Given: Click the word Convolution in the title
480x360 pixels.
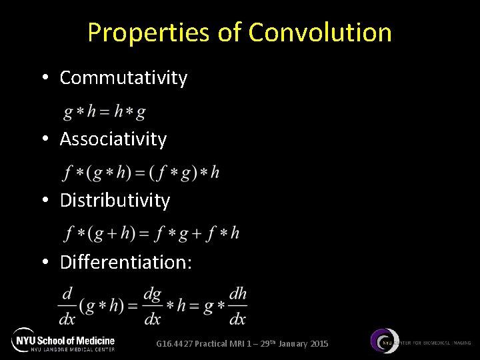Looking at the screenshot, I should tap(320, 32).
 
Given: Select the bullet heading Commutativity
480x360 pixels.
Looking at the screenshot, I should tap(123, 78).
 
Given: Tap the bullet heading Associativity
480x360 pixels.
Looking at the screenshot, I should tap(113, 139).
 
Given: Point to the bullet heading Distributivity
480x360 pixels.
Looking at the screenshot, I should tap(115, 201).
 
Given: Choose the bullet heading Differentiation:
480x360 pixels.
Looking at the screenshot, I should tap(126, 262).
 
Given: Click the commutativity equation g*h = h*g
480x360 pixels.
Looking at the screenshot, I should tap(105, 112).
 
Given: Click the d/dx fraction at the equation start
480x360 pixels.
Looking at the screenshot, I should tap(67, 306).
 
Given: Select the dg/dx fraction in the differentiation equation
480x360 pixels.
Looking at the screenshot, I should tap(153, 306).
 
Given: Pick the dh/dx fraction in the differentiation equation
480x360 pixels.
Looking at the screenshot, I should tap(237, 306).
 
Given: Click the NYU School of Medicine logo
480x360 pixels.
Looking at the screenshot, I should tap(63, 340).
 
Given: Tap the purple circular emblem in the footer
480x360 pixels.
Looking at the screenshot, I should tap(385, 341).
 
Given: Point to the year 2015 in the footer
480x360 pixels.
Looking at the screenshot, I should tap(319, 344).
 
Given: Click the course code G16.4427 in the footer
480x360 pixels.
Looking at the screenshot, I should tap(175, 344).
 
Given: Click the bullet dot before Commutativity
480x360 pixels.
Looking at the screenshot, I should tap(44, 78).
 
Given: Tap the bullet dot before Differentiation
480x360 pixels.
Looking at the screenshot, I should tap(44, 262).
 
